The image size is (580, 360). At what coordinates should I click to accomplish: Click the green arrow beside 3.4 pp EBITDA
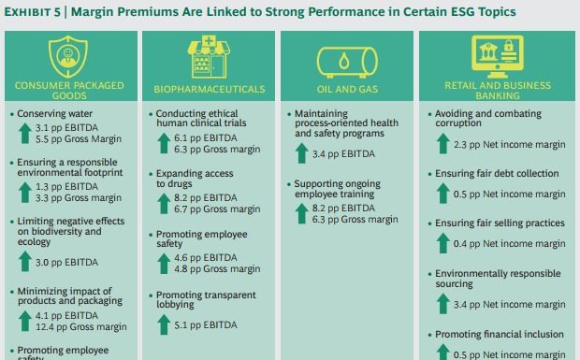299,153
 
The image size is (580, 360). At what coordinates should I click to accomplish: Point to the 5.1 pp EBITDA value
206,326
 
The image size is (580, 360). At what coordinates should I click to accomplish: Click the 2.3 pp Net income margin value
509,145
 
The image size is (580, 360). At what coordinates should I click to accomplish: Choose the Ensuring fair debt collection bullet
498,174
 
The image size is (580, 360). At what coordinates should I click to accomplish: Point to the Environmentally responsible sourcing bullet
498,280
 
